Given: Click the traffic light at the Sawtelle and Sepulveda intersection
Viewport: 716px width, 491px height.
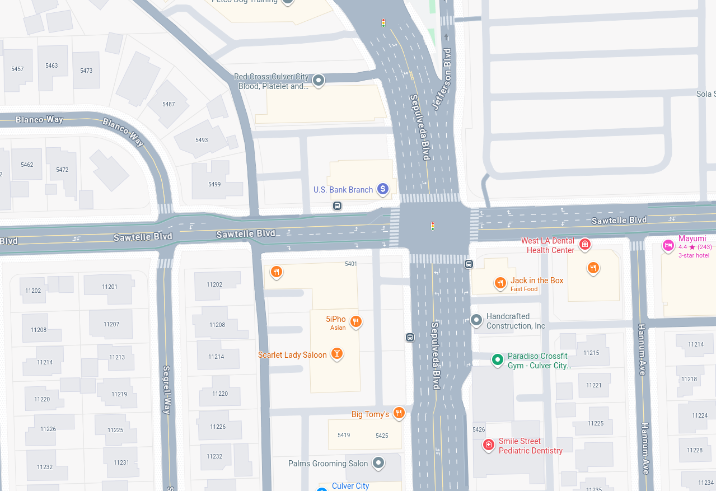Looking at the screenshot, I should [x=433, y=226].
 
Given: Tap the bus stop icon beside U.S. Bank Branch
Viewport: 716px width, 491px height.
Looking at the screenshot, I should [x=337, y=206].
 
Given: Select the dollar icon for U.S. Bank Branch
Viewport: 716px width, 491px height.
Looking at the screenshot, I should [x=382, y=189].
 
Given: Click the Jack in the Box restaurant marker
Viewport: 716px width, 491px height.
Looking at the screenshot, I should [x=500, y=283].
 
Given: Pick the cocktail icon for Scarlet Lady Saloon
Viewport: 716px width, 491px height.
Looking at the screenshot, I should [x=336, y=353].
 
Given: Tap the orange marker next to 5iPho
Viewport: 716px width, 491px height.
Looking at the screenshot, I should [x=355, y=321].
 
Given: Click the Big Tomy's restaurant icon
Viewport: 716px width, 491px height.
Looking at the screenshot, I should [x=399, y=413].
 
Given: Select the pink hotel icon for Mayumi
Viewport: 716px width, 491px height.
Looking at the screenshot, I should [x=668, y=245].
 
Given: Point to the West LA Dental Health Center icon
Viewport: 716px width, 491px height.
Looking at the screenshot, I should [x=585, y=244].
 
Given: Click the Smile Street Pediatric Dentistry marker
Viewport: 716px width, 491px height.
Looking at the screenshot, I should [x=489, y=445].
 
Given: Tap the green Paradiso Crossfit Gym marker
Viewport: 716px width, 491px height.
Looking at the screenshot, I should [x=497, y=359].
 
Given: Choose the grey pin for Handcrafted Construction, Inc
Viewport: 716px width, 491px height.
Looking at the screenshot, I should [x=476, y=320].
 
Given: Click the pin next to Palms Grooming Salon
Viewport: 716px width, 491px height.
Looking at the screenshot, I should [x=379, y=462].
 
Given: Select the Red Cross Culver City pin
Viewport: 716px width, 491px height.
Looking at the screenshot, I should [x=319, y=81].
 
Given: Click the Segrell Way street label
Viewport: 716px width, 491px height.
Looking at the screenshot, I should [x=167, y=390].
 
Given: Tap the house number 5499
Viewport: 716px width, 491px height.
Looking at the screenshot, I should [x=214, y=184].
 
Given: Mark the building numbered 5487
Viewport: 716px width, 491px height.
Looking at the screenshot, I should [x=169, y=104].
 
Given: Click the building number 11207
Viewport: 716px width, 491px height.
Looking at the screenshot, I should [x=111, y=324].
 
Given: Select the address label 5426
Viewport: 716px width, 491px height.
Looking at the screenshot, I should [x=479, y=429].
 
